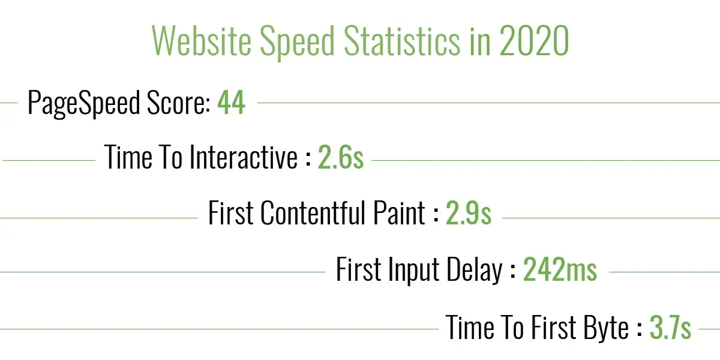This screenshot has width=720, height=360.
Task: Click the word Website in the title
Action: coord(202,41)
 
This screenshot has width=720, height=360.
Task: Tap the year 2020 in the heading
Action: coord(534,41)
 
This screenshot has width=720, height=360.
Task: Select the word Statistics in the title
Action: coord(402,41)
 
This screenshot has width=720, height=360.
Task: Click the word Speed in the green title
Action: coord(298,43)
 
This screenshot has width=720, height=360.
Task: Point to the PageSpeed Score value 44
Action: coord(232,103)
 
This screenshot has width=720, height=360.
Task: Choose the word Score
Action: coord(179,103)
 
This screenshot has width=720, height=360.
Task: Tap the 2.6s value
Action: coord(341,157)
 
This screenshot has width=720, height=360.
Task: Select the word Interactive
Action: coord(244,157)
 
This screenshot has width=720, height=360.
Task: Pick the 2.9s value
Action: coord(469,212)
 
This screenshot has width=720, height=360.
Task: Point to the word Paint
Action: coord(399,212)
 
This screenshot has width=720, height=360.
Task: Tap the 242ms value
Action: coord(560,269)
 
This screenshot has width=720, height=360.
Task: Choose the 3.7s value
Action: coord(671,328)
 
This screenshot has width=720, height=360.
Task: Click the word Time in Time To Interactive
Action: coord(128,157)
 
